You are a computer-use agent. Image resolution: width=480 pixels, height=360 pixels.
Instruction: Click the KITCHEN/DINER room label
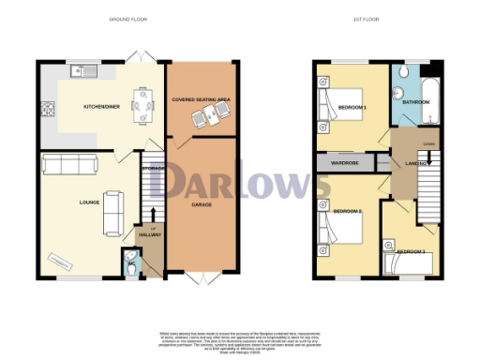tap(101, 108)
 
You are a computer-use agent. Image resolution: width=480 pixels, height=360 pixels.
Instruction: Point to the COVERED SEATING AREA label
tap(202, 98)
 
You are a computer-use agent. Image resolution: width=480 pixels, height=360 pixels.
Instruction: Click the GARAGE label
tap(202, 203)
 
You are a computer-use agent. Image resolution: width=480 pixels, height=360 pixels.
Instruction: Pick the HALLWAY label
tap(150, 234)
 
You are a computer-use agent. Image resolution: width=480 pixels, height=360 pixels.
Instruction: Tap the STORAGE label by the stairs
tap(153, 168)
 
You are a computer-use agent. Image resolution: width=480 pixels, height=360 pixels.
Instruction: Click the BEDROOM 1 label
tap(352, 108)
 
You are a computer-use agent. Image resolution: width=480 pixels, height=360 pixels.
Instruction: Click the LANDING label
tap(416, 164)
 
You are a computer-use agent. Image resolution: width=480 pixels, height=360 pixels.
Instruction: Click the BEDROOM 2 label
tap(348, 212)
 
